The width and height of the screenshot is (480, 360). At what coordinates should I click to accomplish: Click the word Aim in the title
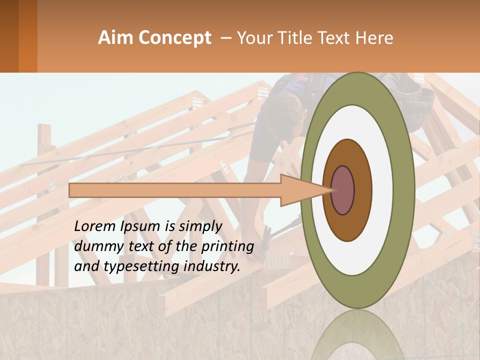tap(116, 38)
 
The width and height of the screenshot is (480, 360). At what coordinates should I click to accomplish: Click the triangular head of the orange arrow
tap(305, 190)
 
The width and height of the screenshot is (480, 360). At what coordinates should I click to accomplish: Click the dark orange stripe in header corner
tap(27, 36)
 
